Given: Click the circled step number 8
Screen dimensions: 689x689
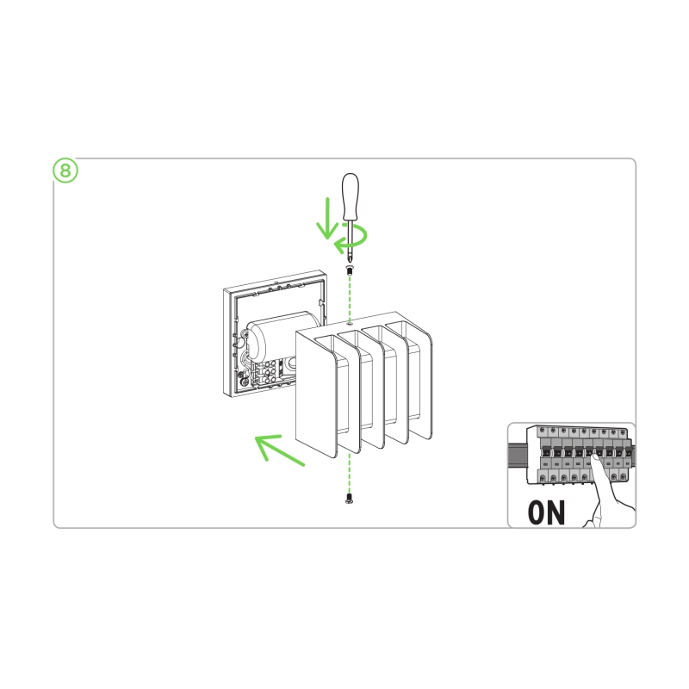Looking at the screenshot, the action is tap(65, 171).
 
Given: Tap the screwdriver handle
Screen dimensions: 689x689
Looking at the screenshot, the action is tap(351, 197).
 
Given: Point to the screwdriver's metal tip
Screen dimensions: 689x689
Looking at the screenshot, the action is tap(350, 258).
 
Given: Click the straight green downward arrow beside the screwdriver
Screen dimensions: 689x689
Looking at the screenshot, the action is tap(327, 219).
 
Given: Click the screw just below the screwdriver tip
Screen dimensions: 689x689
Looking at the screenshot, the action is tap(350, 270).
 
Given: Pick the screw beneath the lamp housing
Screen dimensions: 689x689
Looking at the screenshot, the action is tap(350, 499).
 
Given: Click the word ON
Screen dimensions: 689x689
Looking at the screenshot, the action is tap(546, 512).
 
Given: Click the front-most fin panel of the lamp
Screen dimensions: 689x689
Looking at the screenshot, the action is tap(316, 394).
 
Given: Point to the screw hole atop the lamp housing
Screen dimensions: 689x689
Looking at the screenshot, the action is tap(350, 323).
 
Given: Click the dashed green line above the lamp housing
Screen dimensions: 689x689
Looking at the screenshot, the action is tap(350, 299).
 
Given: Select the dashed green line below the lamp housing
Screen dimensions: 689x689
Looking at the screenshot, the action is tap(350, 471).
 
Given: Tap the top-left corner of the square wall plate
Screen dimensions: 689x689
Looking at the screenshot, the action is tap(224, 289).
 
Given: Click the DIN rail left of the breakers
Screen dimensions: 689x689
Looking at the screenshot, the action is tap(518, 455).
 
